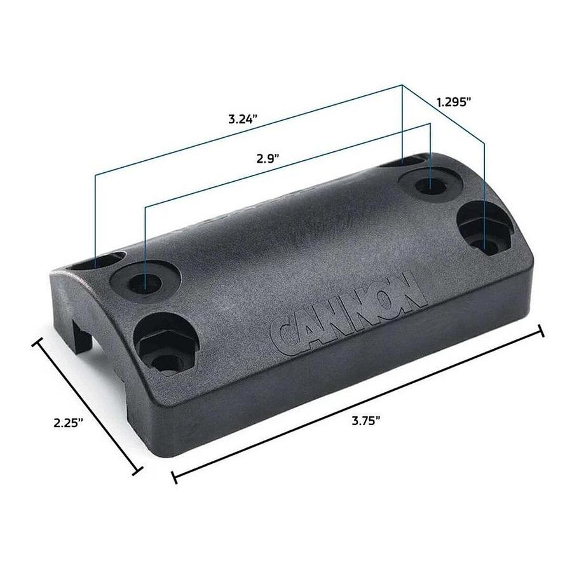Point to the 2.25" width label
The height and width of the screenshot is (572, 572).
pos(68,423)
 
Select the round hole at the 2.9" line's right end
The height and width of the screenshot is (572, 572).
pos(430,184)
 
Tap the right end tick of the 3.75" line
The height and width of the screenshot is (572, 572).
pos(541,331)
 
